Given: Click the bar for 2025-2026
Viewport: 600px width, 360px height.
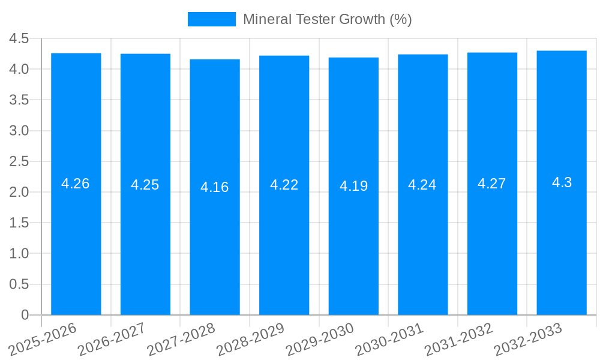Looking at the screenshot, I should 76,240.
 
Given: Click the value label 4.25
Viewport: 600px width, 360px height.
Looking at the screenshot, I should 145,185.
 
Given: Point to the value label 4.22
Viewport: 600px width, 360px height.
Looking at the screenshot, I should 284,185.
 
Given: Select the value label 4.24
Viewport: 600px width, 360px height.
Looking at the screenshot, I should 422,185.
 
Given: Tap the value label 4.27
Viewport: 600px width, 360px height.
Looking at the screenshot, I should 492,184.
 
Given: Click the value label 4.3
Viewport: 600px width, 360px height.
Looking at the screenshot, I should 562,183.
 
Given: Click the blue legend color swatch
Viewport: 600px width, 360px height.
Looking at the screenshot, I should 212,19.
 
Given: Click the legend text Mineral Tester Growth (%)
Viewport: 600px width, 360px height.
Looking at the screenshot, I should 327,19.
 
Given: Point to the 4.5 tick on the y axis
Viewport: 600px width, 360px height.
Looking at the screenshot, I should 19,38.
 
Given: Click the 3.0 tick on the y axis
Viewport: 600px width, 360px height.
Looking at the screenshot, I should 19,131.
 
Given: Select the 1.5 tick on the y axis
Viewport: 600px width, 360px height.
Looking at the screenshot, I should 19,223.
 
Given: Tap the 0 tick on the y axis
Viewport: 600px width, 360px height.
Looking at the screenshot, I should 25,315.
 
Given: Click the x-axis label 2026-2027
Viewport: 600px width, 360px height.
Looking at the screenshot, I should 112,340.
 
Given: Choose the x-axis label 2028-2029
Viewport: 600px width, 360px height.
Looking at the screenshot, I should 250,340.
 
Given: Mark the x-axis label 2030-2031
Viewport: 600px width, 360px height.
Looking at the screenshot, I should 389,340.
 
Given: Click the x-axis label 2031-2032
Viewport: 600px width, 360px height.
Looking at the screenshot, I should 458,340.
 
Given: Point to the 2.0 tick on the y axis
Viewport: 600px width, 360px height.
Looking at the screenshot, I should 19,192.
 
